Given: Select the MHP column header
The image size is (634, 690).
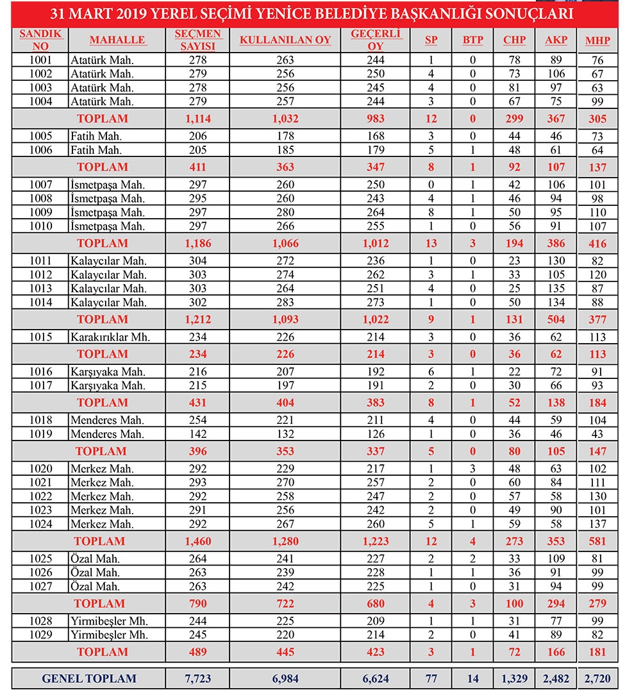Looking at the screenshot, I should pos(597,41).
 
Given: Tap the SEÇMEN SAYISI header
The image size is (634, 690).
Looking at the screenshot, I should pos(198,40).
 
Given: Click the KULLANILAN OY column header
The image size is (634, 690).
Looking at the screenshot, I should pos(285,40).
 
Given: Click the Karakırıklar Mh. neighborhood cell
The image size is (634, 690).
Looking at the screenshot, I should pos(110,337).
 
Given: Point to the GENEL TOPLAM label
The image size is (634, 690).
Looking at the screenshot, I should pos(89,678).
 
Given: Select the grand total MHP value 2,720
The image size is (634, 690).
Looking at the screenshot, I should pos(597,678).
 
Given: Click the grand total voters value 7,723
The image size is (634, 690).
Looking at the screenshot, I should pos(198,678).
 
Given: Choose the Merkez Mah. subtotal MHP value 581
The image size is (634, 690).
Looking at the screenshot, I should pos(597,541).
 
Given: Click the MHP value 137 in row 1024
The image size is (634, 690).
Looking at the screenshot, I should pos(597,524).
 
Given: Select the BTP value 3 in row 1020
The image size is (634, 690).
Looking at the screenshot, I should pos(472,469).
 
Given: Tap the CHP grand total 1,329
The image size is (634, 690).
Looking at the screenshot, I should pos(514,678).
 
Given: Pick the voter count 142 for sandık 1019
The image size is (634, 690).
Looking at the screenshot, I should pos(198,434).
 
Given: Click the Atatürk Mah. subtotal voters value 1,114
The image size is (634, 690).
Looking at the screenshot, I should pos(198,119).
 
